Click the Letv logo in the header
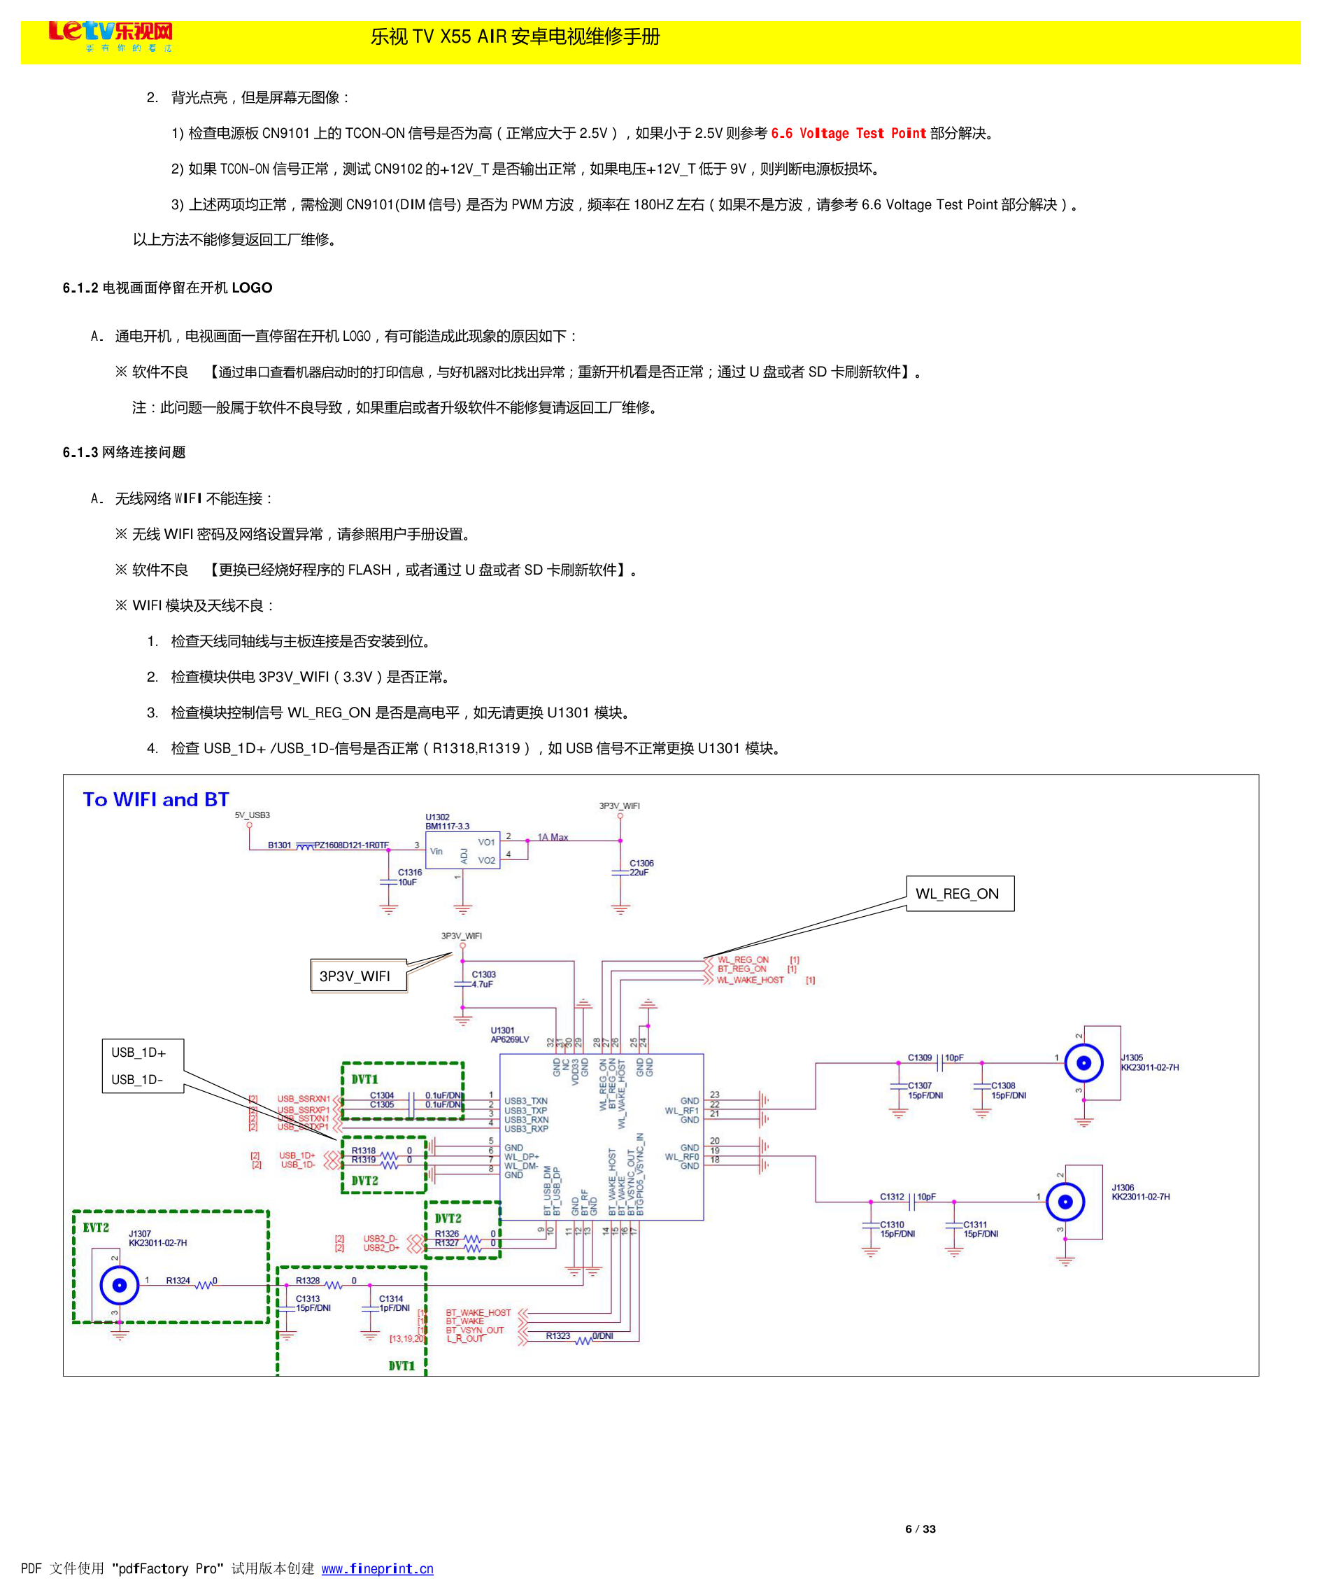[x=111, y=35]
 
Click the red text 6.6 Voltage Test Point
[x=848, y=134]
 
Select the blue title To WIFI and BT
[x=156, y=799]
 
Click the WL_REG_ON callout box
[x=959, y=894]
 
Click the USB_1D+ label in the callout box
[x=138, y=1053]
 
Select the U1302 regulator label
[x=437, y=817]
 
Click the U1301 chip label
[x=503, y=1030]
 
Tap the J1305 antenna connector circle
[x=1083, y=1063]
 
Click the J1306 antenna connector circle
[x=1065, y=1202]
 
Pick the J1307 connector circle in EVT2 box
[x=120, y=1285]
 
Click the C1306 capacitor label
[x=641, y=863]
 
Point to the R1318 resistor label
[x=364, y=1150]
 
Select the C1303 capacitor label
[x=484, y=975]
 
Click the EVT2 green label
[x=96, y=1228]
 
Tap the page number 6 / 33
[x=920, y=1529]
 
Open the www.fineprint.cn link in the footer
[x=377, y=1568]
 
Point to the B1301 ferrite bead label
[x=279, y=845]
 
